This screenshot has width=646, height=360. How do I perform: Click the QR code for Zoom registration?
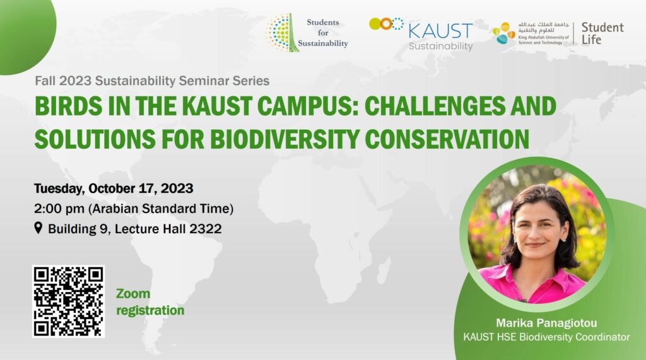pos(68,301)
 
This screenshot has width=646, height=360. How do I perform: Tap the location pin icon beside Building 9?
pos(38,228)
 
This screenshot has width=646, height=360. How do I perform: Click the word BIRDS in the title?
pos(68,106)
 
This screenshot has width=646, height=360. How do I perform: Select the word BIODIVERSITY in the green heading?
pos(285,139)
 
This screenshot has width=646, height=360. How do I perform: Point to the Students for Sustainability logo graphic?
pos(283,33)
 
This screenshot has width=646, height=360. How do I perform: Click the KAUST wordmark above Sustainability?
pos(440,32)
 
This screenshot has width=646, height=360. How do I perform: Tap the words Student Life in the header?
pos(602,33)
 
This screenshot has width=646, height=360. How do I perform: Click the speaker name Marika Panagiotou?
pos(546,323)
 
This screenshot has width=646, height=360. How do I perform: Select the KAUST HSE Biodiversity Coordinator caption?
pos(546,337)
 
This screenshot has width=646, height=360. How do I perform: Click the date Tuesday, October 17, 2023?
pos(114,189)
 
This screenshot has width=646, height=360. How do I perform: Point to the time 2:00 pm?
pos(59,209)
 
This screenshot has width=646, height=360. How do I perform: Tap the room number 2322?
pos(205,229)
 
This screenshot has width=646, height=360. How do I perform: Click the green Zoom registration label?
pos(150,302)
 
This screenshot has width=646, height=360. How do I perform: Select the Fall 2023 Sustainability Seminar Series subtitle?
pos(152,81)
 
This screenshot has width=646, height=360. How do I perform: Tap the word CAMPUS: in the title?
pos(308,106)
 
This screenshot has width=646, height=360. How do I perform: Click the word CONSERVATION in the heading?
pos(447,139)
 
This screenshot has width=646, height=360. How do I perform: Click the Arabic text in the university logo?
pos(543,28)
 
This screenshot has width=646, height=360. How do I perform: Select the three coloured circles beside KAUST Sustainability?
pos(386,24)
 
